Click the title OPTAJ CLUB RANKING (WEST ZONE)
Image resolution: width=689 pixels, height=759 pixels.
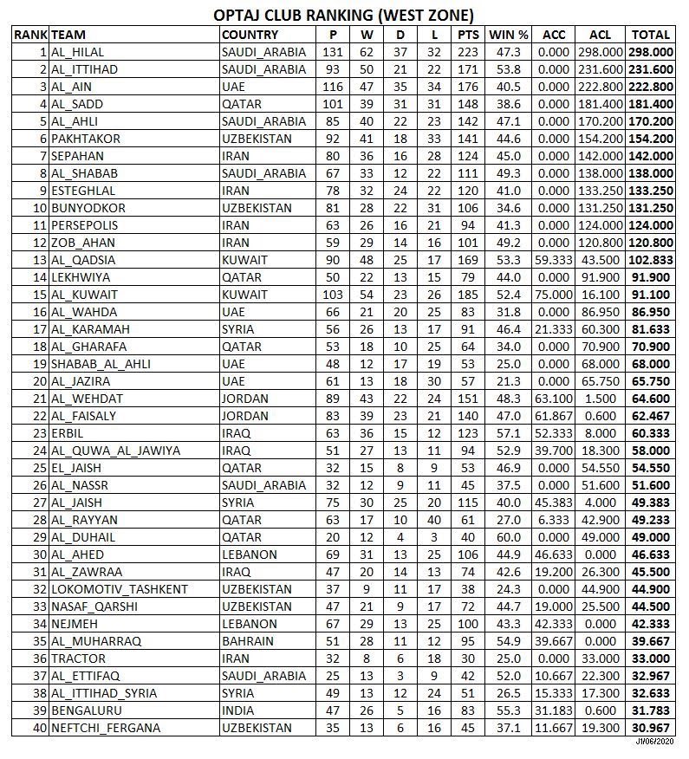point(344,15)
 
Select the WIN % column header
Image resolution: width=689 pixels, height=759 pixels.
point(509,35)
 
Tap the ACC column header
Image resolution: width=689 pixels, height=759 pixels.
point(554,35)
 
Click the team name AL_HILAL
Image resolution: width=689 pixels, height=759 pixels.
point(77,52)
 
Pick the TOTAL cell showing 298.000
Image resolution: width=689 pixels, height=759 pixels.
point(651,52)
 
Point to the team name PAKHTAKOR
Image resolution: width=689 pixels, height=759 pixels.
point(86,139)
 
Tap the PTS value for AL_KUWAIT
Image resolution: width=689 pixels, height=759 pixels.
point(468,295)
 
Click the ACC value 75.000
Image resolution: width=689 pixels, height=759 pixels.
point(554,295)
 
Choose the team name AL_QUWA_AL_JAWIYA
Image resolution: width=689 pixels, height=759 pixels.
point(115,451)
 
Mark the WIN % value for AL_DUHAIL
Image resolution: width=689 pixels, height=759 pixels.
point(509,537)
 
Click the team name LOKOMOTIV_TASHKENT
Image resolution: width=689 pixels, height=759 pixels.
point(120,589)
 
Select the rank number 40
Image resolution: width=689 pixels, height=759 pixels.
point(38,728)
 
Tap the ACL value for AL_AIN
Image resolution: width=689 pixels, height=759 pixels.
point(600,87)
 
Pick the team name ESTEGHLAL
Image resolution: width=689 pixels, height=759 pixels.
point(84,191)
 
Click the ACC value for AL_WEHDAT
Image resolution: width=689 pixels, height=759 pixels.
point(554,399)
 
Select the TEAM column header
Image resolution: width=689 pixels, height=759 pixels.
point(68,35)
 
